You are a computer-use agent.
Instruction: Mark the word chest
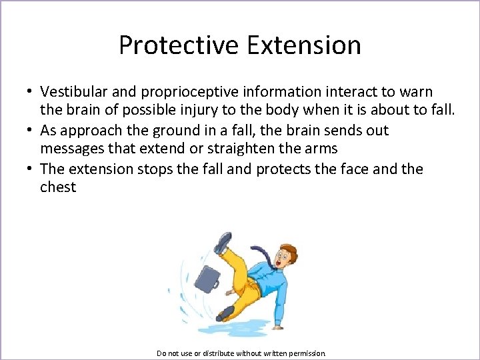pyautogui.click(x=58, y=187)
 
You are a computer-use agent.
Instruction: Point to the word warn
pyautogui.click(x=415, y=91)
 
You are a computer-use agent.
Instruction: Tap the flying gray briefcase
pyautogui.click(x=207, y=278)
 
